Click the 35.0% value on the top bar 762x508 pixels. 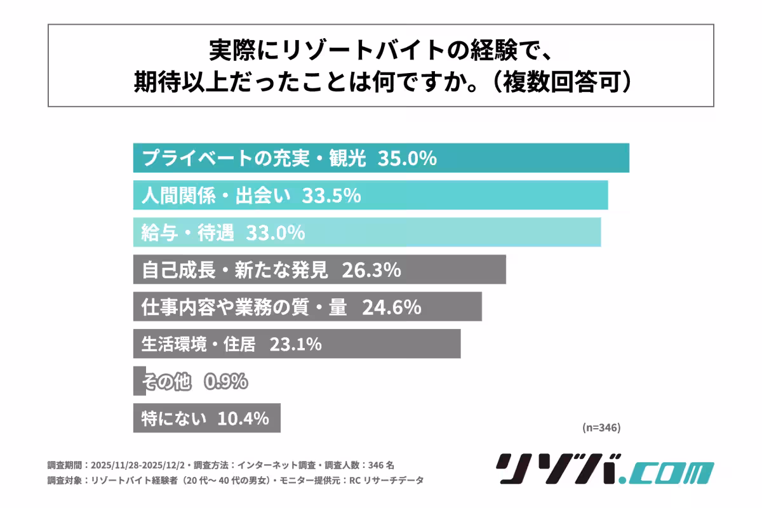click(x=406, y=158)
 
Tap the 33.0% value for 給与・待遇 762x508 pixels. click(x=275, y=232)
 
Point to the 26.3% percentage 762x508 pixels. click(x=371, y=270)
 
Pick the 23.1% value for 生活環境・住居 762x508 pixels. click(x=295, y=344)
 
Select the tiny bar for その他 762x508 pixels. click(x=139, y=382)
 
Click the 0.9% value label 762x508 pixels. click(x=225, y=382)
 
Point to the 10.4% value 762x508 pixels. click(x=243, y=418)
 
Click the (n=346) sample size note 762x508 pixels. click(x=601, y=427)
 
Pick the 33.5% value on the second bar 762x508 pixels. click(x=331, y=195)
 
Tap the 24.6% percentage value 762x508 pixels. click(x=392, y=307)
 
